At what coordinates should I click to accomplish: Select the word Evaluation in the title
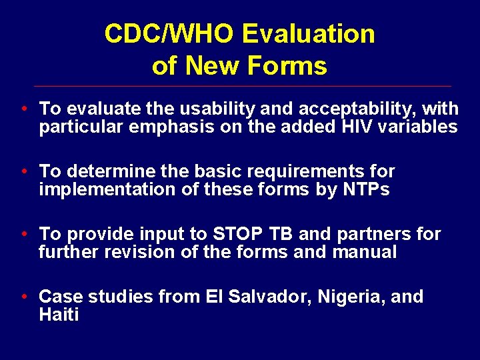pos(309,34)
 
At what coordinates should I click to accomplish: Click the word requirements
pos(305,171)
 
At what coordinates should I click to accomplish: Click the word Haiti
pos(59,315)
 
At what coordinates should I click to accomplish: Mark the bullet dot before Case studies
pos(24,297)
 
